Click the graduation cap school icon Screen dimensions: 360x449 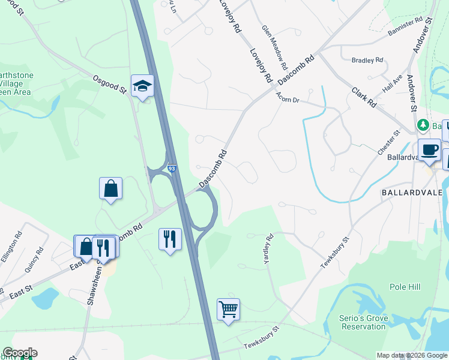click(142, 86)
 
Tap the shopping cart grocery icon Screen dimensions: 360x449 click(228, 310)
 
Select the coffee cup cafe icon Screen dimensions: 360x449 click(430, 150)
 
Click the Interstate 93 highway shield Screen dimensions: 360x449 click(172, 170)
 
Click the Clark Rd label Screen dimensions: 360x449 click(364, 96)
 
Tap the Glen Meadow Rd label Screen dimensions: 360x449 click(273, 45)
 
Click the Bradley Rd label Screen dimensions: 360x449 click(367, 60)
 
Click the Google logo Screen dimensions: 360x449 click(20, 353)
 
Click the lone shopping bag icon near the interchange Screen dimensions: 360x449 click(111, 188)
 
